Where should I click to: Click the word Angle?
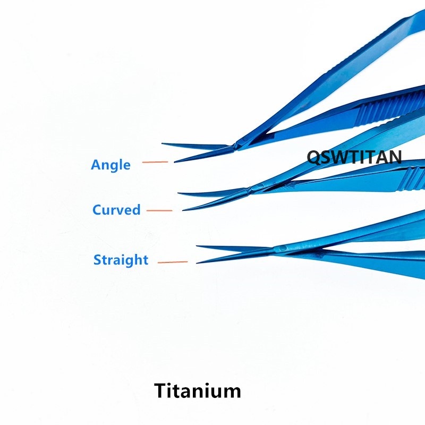click(110, 165)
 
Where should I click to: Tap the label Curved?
click(116, 210)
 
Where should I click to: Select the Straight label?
click(121, 260)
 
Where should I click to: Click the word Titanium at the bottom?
click(198, 391)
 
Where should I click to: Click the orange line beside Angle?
click(155, 161)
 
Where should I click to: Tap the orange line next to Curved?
click(159, 210)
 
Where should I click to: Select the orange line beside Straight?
click(173, 262)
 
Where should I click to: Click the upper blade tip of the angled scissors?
click(163, 143)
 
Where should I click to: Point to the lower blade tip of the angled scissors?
click(175, 161)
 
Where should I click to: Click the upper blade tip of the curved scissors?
click(180, 194)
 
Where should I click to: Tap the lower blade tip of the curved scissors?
click(183, 210)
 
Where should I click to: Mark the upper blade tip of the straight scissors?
click(198, 246)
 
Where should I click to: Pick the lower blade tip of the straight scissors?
click(197, 262)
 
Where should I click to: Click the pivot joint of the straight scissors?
click(282, 248)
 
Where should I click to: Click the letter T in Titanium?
click(161, 391)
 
